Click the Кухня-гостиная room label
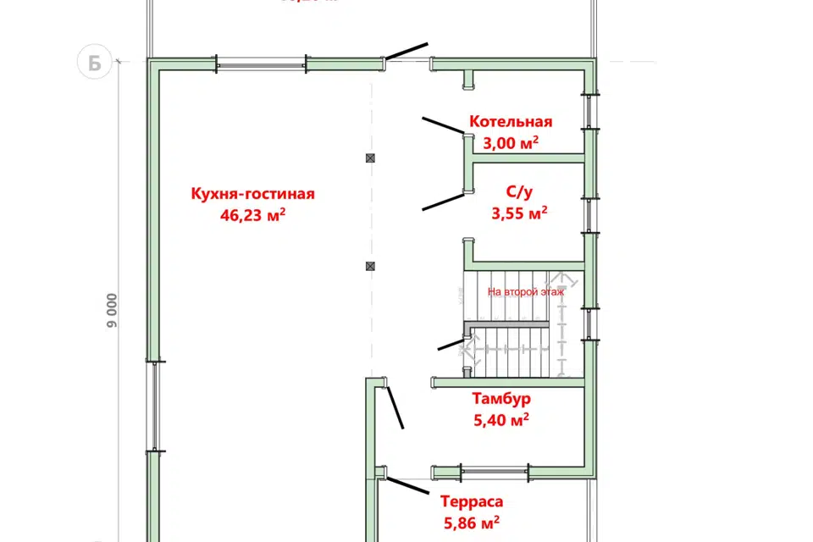[252, 194]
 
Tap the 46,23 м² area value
[252, 215]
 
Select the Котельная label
[511, 122]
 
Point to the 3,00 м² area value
[512, 142]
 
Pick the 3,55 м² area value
[518, 213]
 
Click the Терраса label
[471, 501]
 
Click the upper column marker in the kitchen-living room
[370, 158]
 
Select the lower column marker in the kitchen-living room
[370, 266]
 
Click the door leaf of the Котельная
[443, 124]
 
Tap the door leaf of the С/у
[443, 202]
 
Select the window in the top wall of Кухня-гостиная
[260, 62]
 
